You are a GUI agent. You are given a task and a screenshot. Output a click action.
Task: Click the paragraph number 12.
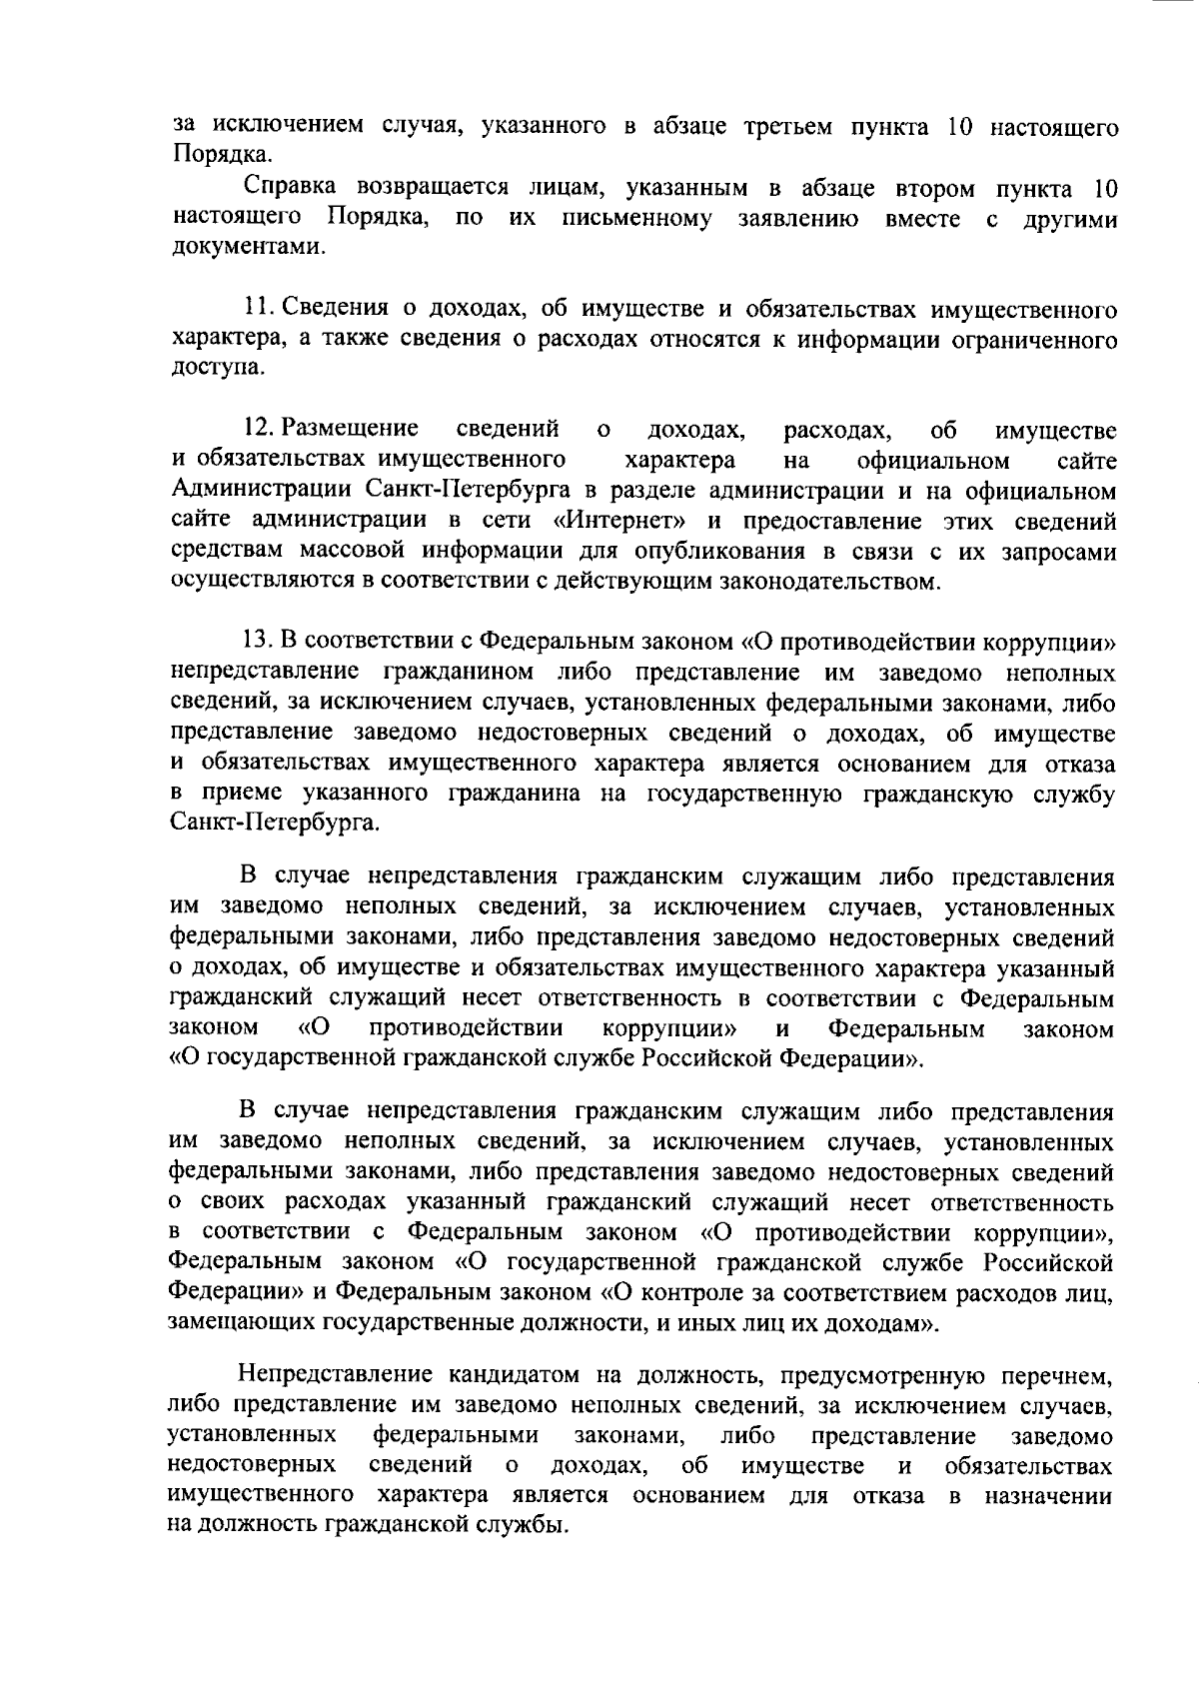(258, 430)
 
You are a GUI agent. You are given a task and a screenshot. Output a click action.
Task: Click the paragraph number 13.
(258, 642)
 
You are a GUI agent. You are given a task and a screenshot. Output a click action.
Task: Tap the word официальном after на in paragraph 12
(933, 461)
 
